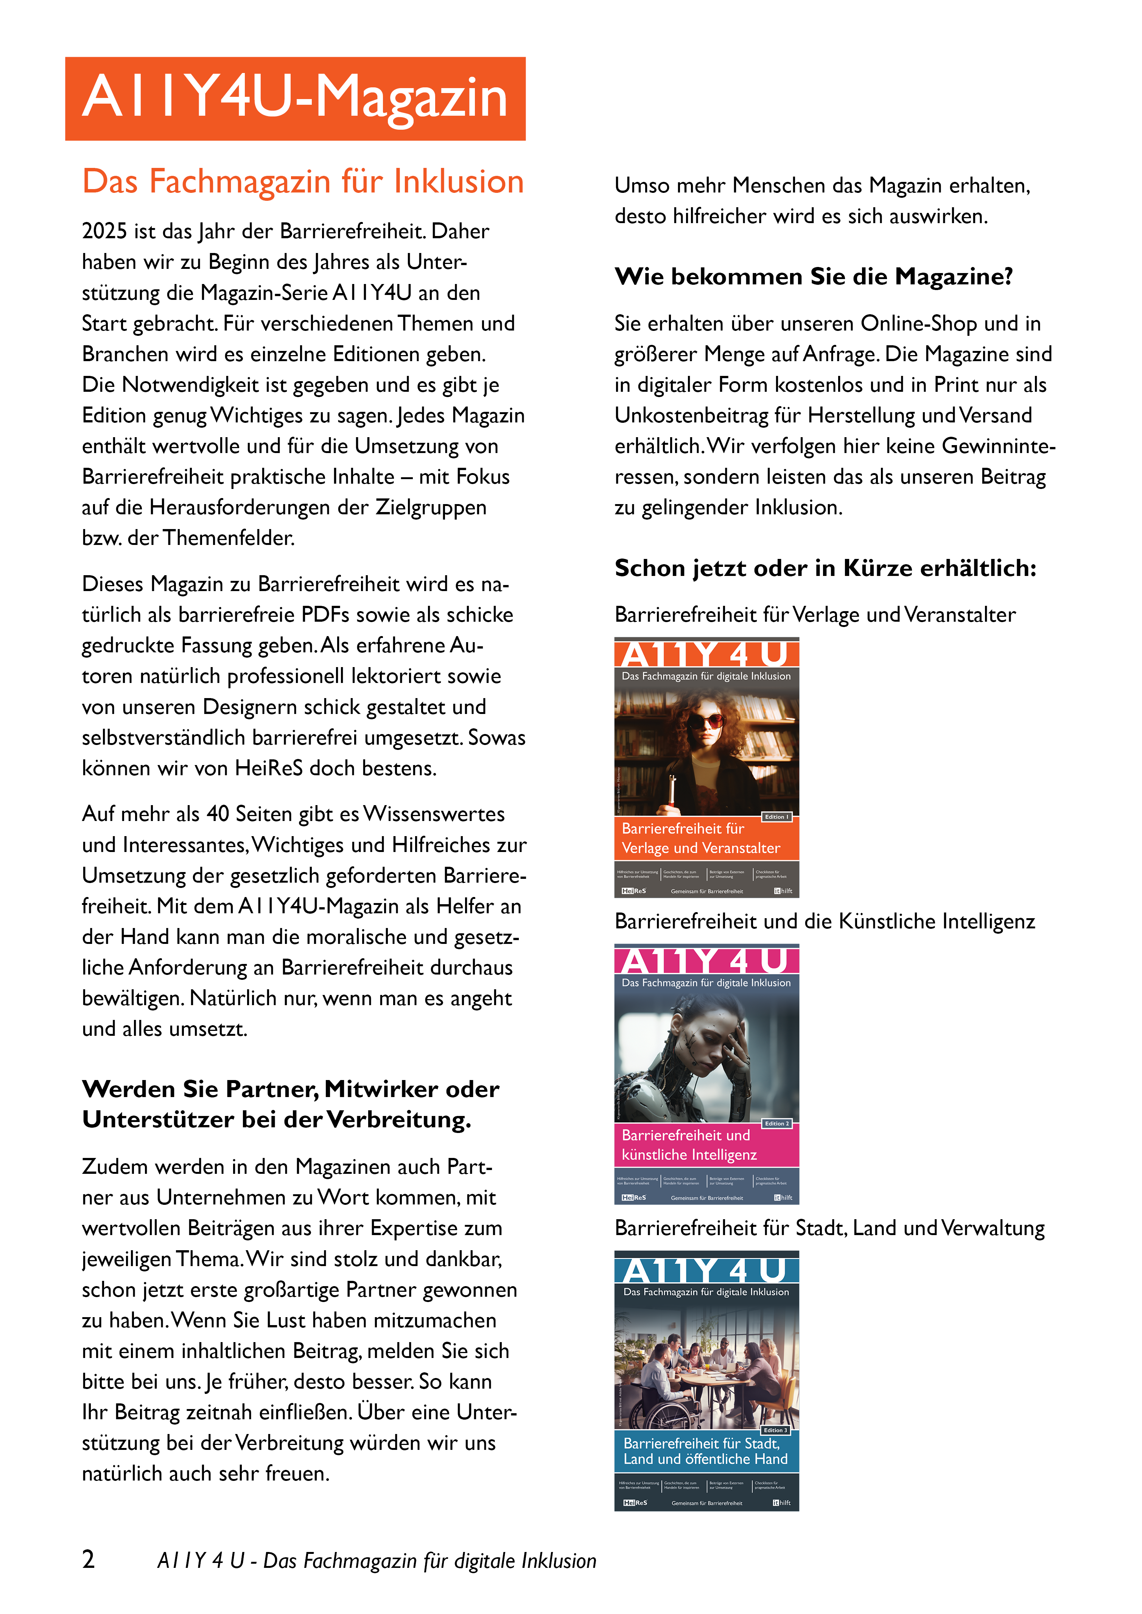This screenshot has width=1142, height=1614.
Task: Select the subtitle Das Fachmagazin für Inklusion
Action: click(x=303, y=182)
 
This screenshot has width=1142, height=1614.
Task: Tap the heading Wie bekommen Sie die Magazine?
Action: click(x=814, y=277)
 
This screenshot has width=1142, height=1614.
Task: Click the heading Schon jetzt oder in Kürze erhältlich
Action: click(x=826, y=568)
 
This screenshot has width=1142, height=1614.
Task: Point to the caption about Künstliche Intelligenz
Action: click(x=824, y=922)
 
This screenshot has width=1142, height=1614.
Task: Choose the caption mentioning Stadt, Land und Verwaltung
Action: click(x=829, y=1228)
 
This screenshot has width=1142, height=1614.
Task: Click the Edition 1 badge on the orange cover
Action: click(x=777, y=817)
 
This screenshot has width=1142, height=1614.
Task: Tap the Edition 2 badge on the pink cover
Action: click(x=777, y=1123)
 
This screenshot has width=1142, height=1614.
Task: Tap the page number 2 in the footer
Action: click(x=89, y=1559)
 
